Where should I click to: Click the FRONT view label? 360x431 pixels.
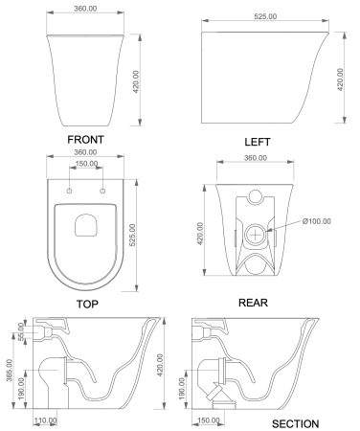tap(85, 139)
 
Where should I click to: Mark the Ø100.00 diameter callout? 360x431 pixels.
tap(315, 221)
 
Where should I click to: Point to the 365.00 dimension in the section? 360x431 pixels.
tap(9, 370)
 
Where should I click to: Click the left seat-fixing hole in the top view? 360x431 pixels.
tap(70, 192)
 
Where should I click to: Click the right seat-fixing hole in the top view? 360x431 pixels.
tap(101, 192)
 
